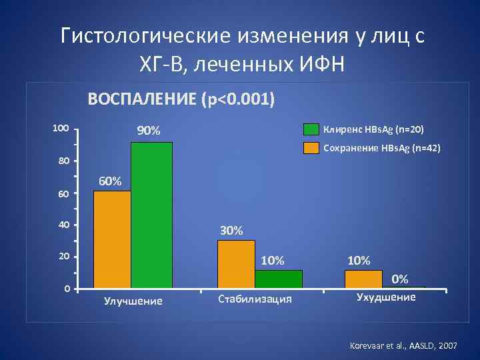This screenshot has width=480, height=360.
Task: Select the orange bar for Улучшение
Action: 112,239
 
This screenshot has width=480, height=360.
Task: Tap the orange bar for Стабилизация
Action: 236,264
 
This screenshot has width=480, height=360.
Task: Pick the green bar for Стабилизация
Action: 278,279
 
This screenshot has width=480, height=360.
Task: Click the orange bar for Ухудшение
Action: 363,279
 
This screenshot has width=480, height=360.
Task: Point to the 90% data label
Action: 149,131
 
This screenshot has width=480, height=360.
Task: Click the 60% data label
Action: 110,181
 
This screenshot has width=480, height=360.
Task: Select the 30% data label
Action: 231,231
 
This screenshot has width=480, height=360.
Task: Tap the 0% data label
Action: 400,278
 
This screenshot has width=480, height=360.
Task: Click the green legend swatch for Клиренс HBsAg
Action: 311,129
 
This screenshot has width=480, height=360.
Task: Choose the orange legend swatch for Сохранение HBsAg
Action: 311,148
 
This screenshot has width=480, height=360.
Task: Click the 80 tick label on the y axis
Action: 63,161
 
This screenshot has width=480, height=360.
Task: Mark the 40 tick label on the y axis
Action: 63,225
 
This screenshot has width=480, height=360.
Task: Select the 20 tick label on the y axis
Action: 63,257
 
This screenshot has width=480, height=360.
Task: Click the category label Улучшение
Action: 133,301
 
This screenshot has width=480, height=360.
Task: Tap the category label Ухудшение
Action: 386,297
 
